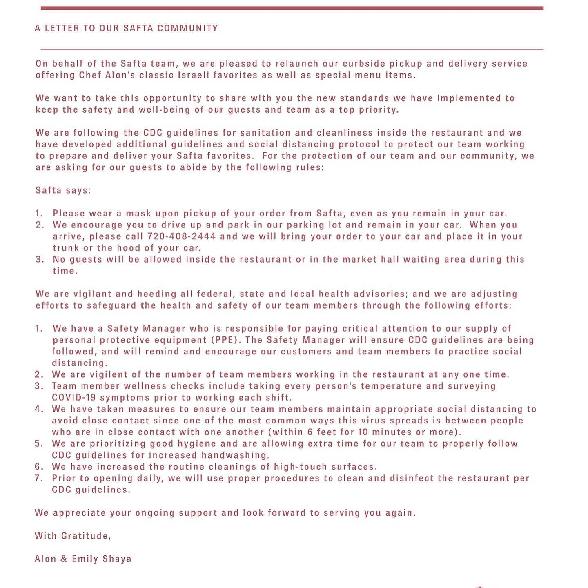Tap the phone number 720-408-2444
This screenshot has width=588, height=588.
(181, 236)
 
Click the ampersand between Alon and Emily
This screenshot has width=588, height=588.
(63, 559)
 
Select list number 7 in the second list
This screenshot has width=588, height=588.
(39, 478)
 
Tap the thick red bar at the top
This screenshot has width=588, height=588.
(292, 8)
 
